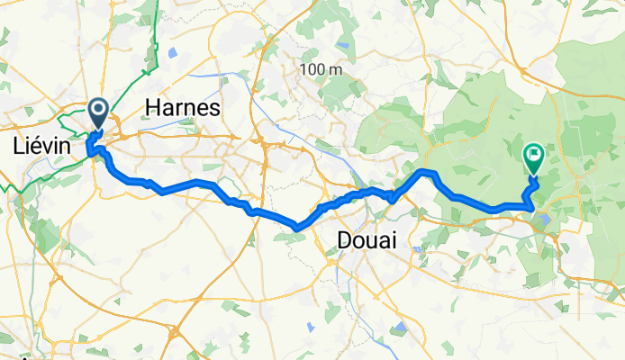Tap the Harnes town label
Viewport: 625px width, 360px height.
(x=183, y=109)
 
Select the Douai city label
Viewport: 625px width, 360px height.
(x=367, y=239)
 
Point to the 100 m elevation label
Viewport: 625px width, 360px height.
(x=322, y=70)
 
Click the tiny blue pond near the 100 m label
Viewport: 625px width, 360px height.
(x=343, y=45)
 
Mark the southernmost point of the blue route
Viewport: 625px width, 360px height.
(x=298, y=228)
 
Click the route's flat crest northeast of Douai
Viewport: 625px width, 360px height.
(x=427, y=171)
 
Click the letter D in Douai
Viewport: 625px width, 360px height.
(x=343, y=239)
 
